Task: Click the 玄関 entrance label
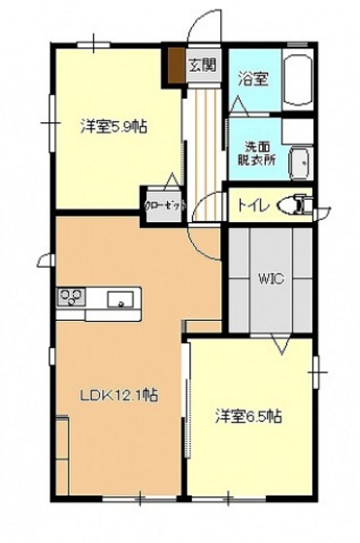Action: click(x=202, y=66)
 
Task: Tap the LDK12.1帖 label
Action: click(x=118, y=396)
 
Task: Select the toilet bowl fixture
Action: click(x=295, y=206)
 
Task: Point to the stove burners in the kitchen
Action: click(x=70, y=297)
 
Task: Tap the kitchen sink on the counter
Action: click(x=122, y=299)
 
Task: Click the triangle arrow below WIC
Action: click(x=281, y=344)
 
